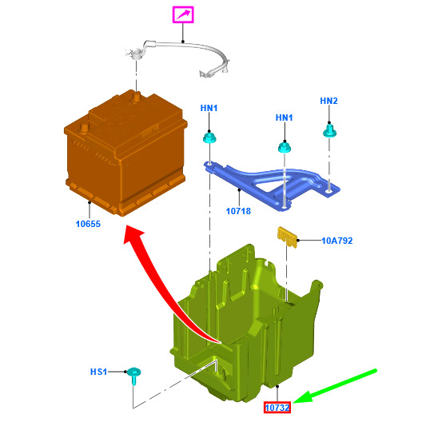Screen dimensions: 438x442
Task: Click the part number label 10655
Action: coord(88,224)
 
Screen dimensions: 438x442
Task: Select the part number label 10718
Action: coord(238,211)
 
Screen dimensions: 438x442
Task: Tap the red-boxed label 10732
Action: coord(277,408)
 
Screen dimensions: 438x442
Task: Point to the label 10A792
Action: coord(337,241)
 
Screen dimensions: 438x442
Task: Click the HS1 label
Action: coord(98,372)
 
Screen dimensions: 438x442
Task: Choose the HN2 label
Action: coord(328,101)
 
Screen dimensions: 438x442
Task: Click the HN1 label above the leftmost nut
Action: coord(209,108)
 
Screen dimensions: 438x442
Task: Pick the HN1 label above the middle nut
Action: coord(284,117)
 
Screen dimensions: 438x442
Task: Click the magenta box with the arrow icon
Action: coord(183,14)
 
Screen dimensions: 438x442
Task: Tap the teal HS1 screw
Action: coord(134,376)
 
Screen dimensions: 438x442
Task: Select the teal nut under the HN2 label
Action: coord(329,131)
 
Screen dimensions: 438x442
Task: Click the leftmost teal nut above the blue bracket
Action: coord(209,137)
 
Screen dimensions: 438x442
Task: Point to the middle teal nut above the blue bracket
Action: coord(285,147)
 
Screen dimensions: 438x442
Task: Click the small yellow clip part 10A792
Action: coord(288,237)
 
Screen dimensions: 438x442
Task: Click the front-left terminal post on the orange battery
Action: coord(83,129)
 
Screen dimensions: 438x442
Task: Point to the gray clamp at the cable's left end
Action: coord(135,54)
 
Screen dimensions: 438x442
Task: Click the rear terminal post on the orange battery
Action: coord(137,97)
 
